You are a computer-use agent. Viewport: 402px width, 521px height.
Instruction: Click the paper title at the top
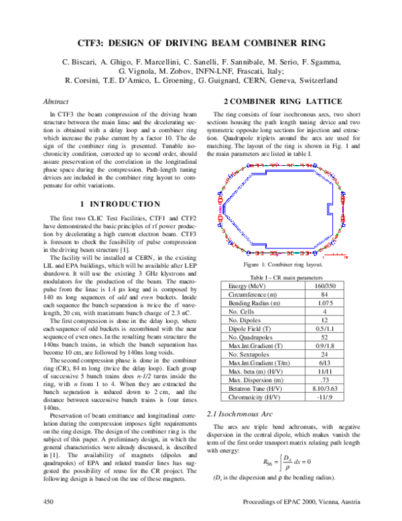(x=201, y=42)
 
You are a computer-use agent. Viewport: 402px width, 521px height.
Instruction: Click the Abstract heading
(x=56, y=101)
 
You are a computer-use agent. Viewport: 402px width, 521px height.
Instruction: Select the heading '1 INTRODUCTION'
(x=119, y=203)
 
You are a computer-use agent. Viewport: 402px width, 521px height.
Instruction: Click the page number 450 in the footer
(x=48, y=502)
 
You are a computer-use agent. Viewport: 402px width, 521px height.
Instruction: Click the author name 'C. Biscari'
(x=80, y=62)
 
